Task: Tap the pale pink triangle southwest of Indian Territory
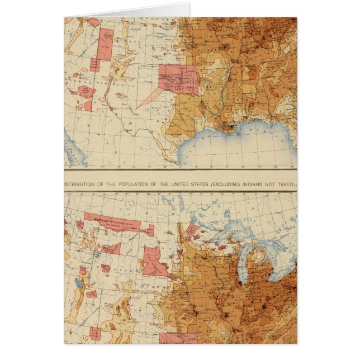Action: (149, 97)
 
